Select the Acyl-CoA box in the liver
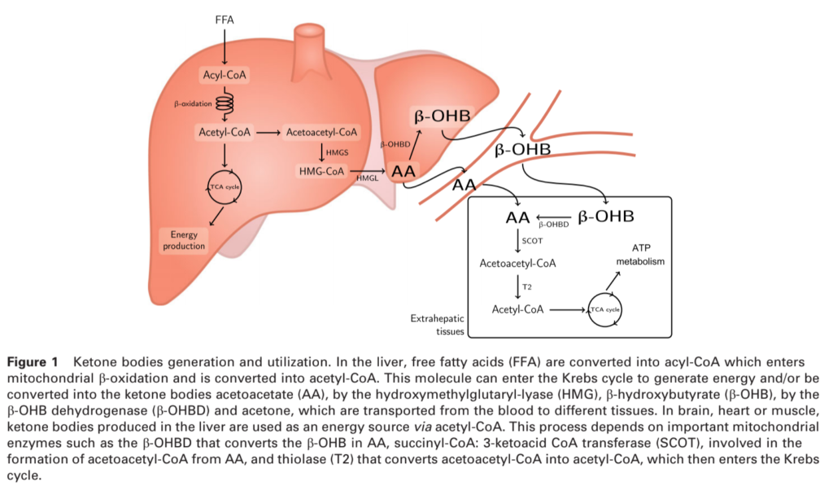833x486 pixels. [x=224, y=76]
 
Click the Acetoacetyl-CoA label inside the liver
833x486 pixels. [x=321, y=131]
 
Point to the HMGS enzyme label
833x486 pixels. [x=337, y=151]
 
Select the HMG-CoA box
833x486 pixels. [x=321, y=171]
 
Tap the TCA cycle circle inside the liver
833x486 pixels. [x=224, y=188]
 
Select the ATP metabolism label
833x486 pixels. [x=640, y=255]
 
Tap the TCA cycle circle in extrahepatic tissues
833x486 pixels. [x=605, y=310]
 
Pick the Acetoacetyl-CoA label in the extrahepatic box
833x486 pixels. [x=518, y=263]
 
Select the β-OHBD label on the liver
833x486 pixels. [x=394, y=143]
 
